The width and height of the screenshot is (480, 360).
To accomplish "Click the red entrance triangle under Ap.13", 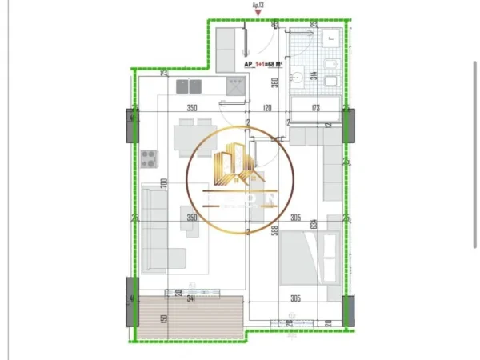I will (x=258, y=14).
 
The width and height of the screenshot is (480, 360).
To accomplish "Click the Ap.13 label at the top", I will (x=258, y=6).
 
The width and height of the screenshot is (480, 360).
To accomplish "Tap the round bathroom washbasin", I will (x=295, y=78).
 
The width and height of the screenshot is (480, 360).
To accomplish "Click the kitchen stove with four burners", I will (x=149, y=158).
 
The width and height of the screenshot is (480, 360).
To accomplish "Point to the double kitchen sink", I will (x=233, y=82).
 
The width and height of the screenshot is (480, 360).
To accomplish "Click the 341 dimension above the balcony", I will (x=192, y=298).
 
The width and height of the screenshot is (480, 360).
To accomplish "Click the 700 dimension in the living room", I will (x=162, y=184).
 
